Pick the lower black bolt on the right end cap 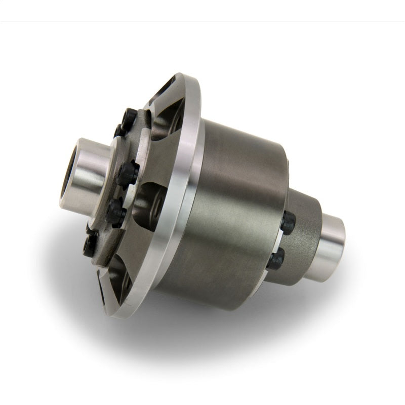(276, 260)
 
